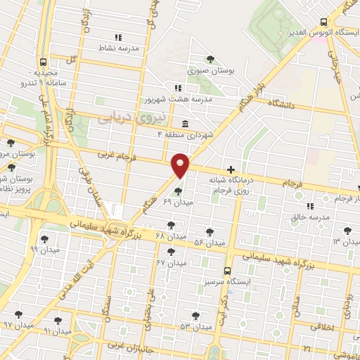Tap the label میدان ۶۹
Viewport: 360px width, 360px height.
[x=177, y=202]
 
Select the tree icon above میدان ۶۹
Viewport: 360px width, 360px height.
[x=178, y=191]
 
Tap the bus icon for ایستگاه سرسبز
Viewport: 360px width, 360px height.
[x=226, y=271]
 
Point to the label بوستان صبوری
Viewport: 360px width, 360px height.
[x=210, y=70]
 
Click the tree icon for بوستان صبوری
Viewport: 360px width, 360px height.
[x=210, y=59]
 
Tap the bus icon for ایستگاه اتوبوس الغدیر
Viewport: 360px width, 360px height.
[x=323, y=22]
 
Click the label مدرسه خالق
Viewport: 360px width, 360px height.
[x=310, y=217]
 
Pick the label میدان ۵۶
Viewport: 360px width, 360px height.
[x=210, y=243]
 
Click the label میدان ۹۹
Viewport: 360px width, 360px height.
[x=44, y=249]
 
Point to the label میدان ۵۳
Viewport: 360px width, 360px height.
[x=195, y=327]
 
